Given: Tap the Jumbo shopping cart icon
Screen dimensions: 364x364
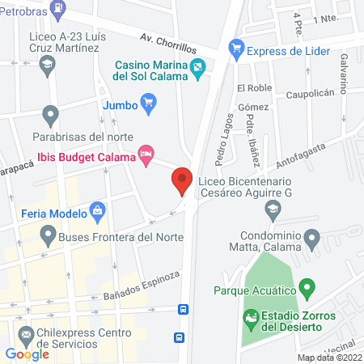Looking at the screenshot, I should (148, 103).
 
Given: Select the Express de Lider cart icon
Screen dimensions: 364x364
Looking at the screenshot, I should (236, 48).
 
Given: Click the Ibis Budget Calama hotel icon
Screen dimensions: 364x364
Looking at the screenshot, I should (146, 154).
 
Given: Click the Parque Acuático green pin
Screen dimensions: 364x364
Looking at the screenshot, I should (307, 287).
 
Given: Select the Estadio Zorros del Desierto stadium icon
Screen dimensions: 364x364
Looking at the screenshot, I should (252, 320).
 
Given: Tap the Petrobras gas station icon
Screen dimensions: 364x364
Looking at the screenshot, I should (58, 9).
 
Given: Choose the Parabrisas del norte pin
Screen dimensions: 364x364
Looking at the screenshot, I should (51, 114).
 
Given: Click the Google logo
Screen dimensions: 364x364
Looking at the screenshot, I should (28, 353).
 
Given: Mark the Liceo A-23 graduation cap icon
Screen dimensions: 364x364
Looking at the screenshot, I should (49, 64).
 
